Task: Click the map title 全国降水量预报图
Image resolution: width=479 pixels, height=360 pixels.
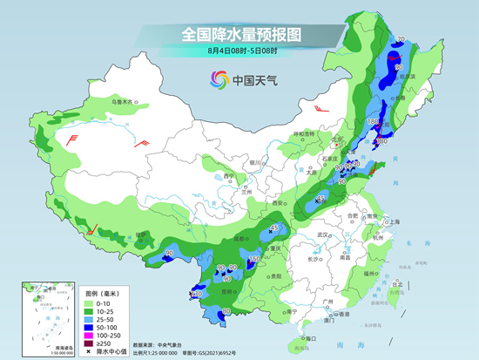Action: click(239, 35)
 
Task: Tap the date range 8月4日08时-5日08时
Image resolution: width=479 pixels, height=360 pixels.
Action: click(239, 54)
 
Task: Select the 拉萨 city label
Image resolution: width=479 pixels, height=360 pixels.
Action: click(120, 236)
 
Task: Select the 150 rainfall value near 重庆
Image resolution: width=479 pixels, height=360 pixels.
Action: click(255, 259)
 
